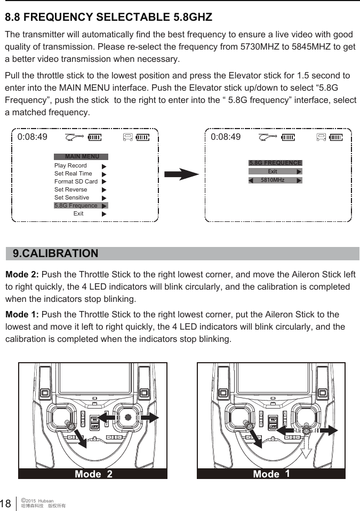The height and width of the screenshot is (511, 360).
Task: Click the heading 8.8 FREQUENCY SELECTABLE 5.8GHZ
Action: tap(109, 17)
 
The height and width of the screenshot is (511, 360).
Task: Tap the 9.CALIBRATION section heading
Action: tap(55, 253)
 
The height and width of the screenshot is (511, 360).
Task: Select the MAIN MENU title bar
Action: tap(81, 157)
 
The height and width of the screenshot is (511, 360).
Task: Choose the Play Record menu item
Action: tap(70, 165)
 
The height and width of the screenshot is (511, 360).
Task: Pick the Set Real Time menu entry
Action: tap(73, 173)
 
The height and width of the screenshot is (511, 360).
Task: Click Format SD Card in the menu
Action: tap(76, 181)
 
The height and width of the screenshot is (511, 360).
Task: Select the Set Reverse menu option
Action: tap(71, 189)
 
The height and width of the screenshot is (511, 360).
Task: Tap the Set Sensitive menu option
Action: tap(72, 197)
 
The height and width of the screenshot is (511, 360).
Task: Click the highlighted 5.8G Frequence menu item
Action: tap(76, 205)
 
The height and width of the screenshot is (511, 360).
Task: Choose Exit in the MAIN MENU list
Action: tap(78, 213)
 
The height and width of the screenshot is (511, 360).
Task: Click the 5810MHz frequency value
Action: tap(272, 180)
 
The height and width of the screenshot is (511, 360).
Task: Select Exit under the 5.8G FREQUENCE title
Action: tap(272, 172)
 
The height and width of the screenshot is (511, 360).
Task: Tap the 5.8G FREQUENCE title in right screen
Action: tap(275, 163)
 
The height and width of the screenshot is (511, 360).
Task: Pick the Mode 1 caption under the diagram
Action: tap(271, 474)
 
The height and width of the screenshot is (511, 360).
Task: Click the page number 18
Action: tap(7, 504)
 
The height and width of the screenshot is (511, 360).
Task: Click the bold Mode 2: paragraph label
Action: tap(22, 275)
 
